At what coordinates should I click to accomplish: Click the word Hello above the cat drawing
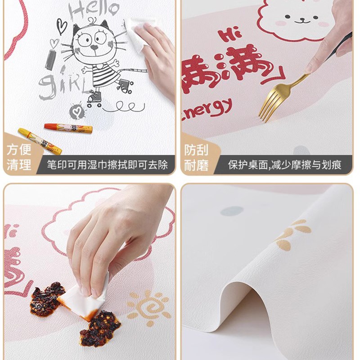(x=94, y=10)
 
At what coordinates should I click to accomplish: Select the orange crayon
(x=68, y=128)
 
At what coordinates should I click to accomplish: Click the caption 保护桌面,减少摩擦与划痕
(x=284, y=165)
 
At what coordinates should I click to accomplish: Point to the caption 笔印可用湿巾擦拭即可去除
(x=108, y=165)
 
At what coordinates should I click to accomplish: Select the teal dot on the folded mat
(x=232, y=211)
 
